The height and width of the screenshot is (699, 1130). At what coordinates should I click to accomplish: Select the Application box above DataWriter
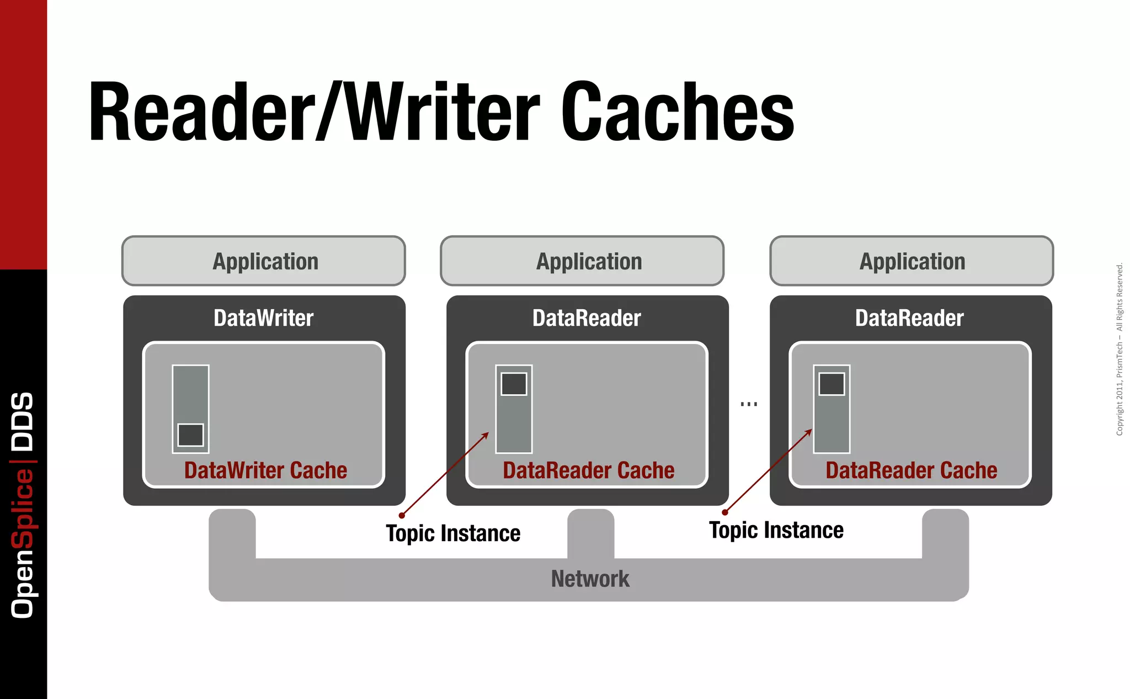[x=264, y=261]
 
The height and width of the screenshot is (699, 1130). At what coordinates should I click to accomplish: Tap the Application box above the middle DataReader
[x=582, y=261]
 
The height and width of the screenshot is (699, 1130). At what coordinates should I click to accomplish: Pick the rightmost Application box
[x=912, y=261]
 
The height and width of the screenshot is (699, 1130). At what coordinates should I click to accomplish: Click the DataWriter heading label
[x=264, y=318]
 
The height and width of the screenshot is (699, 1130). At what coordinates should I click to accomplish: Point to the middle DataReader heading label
[x=587, y=318]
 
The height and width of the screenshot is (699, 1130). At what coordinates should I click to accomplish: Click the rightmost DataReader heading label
[x=909, y=318]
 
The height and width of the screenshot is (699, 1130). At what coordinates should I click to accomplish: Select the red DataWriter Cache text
[x=265, y=470]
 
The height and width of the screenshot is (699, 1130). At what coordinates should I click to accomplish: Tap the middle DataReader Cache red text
[x=588, y=470]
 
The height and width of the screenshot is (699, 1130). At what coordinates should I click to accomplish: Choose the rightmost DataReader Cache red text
[x=911, y=470]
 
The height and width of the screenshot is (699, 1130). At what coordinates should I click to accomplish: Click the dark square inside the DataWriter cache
[x=190, y=435]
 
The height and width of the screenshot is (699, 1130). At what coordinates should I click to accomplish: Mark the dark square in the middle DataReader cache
[x=514, y=384]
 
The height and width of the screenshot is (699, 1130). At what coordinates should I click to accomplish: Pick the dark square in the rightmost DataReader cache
[x=831, y=384]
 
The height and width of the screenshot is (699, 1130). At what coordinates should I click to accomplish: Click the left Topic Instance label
[x=453, y=533]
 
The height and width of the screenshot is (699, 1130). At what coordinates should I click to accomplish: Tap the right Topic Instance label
[x=776, y=530]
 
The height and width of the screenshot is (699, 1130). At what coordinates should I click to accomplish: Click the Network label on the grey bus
[x=590, y=579]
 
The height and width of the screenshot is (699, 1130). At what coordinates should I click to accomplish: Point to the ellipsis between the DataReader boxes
[x=749, y=404]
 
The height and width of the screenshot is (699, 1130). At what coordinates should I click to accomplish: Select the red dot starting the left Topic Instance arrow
[x=402, y=516]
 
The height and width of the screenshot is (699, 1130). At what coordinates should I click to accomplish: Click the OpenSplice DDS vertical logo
[x=23, y=505]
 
